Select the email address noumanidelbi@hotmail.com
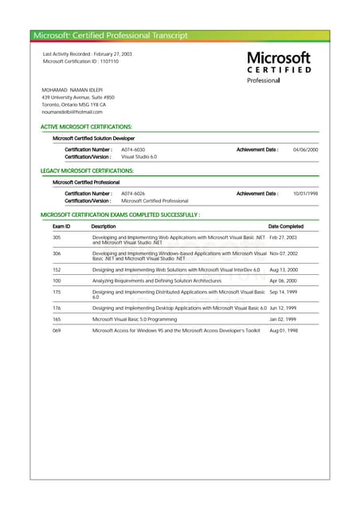click(x=72, y=112)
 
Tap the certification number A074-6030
click(x=133, y=150)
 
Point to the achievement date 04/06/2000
click(x=305, y=150)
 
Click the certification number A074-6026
click(x=133, y=194)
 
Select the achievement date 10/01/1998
click(x=305, y=194)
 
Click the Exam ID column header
click(x=61, y=226)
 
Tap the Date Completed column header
click(x=285, y=226)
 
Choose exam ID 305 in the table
click(x=57, y=237)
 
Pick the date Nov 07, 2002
click(x=284, y=253)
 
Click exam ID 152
click(x=57, y=270)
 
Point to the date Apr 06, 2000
click(x=283, y=281)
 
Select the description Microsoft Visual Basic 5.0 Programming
click(x=135, y=319)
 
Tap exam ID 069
click(x=57, y=330)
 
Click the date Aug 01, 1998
click(x=283, y=330)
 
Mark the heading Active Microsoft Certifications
click(x=86, y=127)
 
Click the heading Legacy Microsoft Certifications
click(x=87, y=171)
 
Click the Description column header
click(x=104, y=226)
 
